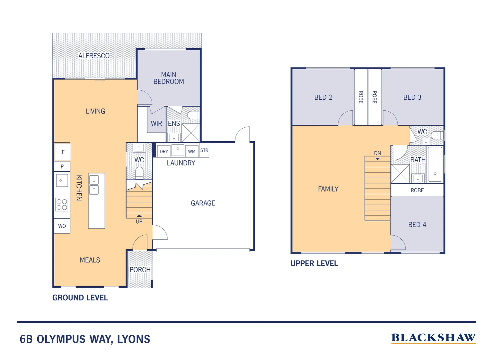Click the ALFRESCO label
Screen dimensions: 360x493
(x=94, y=56)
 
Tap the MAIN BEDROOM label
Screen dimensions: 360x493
(x=169, y=78)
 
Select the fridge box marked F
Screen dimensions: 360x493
(x=63, y=152)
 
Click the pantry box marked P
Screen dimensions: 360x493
(x=62, y=166)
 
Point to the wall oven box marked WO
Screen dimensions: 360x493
(x=62, y=226)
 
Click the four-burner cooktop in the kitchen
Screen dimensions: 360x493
(x=62, y=204)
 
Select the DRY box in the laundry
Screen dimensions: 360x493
(x=164, y=151)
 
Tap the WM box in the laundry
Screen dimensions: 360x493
(x=192, y=151)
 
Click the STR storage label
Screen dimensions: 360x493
(x=204, y=150)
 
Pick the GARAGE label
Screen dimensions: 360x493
(x=203, y=203)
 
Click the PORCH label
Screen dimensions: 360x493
(x=140, y=269)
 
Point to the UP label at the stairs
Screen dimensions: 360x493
(x=139, y=222)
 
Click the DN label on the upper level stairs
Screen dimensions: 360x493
(x=377, y=153)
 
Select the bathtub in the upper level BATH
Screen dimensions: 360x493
(x=435, y=164)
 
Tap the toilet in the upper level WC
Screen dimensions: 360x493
(x=437, y=135)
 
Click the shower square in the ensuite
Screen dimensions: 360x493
(x=191, y=133)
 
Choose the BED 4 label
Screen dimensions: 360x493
(x=417, y=225)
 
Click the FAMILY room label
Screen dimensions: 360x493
(x=328, y=189)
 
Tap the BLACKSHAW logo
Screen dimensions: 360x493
(x=433, y=338)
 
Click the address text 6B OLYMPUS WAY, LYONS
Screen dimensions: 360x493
(x=85, y=339)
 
